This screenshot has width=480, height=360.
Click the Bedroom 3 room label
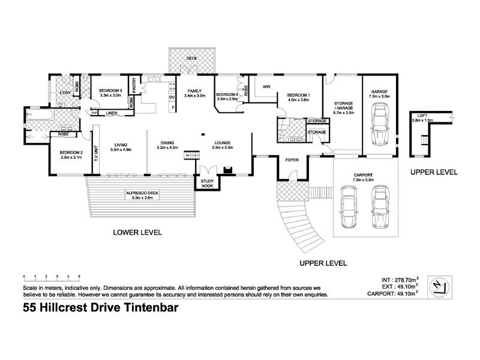pos(110,90)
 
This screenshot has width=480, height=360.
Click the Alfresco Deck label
pos(142,193)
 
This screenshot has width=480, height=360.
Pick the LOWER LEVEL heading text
pos(138,232)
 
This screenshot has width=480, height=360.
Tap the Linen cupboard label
pos(110,113)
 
